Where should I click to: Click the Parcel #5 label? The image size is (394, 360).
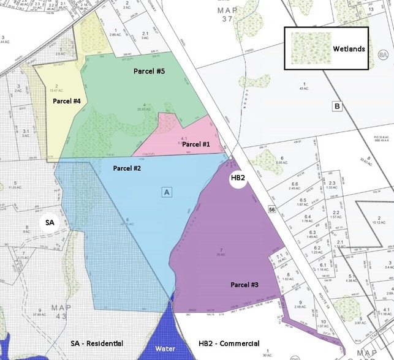point(150,71)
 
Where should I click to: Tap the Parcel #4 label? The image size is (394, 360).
point(67,101)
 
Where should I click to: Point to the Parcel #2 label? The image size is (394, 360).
point(127,167)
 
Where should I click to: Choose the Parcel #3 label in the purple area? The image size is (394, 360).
point(244,285)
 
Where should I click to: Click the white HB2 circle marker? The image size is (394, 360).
point(238,178)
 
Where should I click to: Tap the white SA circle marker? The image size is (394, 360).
point(50,223)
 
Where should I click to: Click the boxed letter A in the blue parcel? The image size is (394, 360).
point(165,192)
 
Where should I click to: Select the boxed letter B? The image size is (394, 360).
point(336,105)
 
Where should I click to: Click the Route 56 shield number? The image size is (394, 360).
point(270,210)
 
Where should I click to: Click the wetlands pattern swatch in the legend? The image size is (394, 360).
point(311,48)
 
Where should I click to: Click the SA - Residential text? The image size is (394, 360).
point(97,343)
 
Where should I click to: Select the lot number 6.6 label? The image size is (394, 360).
point(295,184)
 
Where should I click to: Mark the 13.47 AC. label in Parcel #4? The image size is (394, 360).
point(56,91)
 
